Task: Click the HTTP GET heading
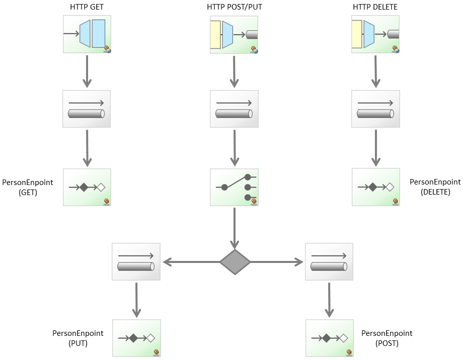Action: (87, 7)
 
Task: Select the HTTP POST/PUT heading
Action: (234, 7)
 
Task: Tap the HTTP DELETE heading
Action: (375, 7)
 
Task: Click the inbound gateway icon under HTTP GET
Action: (87, 34)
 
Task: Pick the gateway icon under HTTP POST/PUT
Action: (234, 34)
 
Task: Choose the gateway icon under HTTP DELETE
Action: (375, 34)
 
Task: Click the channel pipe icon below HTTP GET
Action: (87, 109)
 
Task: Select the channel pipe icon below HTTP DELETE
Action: (375, 109)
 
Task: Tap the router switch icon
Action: (234, 187)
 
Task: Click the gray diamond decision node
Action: (235, 262)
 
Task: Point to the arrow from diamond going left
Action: (191, 262)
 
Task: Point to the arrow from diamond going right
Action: (277, 262)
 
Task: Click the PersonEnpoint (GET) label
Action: (28, 187)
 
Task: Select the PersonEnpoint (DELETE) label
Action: (435, 187)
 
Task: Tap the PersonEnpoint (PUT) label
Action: (78, 338)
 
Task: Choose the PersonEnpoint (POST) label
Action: (387, 338)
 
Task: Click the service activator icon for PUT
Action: (136, 338)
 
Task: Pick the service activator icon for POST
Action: (329, 338)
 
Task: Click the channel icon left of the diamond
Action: (136, 261)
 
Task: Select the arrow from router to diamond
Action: (235, 226)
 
